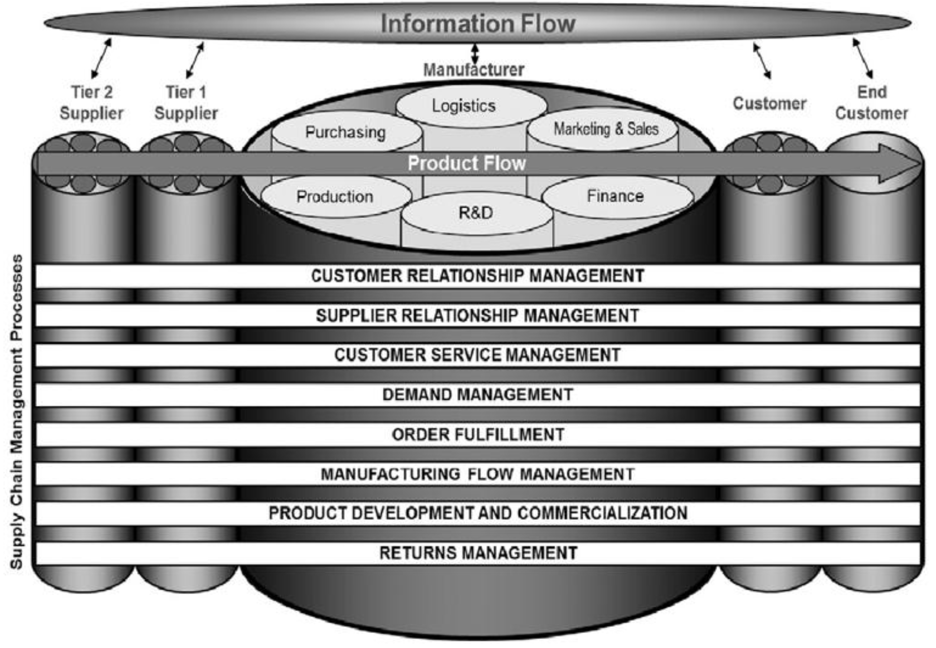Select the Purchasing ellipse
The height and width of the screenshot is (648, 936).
click(x=346, y=132)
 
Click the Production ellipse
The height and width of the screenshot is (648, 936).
click(x=335, y=197)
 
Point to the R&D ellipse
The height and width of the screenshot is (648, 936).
click(x=476, y=213)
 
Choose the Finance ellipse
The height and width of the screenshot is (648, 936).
click(x=615, y=196)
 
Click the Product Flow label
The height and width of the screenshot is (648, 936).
click(x=467, y=163)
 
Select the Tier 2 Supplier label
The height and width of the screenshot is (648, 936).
click(x=92, y=103)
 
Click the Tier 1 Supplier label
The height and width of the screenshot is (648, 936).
click(x=186, y=103)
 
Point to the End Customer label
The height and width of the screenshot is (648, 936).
click(x=871, y=103)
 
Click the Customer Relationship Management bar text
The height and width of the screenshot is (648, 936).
click(x=477, y=276)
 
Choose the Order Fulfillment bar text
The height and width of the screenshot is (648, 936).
click(x=477, y=434)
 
